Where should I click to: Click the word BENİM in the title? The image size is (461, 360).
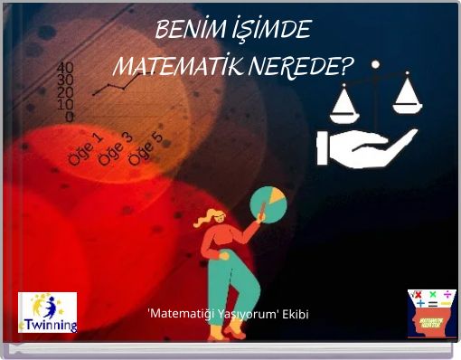[184, 31]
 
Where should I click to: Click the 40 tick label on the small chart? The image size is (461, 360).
[65, 68]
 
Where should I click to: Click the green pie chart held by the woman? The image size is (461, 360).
[268, 204]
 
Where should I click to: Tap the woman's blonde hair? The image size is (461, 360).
[210, 218]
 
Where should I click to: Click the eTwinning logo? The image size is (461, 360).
[47, 312]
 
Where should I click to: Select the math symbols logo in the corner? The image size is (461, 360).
[431, 312]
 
